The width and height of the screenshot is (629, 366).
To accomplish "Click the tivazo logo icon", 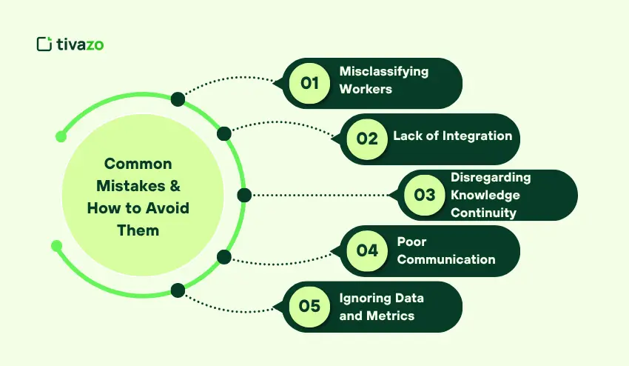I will point(44,44).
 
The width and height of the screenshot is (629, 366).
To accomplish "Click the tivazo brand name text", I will point(80,44).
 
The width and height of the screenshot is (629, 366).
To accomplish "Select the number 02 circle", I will point(367,139).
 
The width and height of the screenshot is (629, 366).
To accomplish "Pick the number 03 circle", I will point(424,195).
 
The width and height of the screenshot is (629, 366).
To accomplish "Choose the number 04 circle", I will point(367,250).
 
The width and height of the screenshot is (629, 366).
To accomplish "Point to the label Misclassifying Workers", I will point(383,80).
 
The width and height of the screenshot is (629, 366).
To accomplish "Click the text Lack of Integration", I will point(452,136).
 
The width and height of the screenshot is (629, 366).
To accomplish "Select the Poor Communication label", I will point(445,250).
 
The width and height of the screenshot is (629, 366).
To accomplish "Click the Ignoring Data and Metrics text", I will point(381,307).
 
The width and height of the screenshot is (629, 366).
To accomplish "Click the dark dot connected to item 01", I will point(178,99).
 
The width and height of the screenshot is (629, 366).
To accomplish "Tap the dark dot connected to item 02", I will point(223,133).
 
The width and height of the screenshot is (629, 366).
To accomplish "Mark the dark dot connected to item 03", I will point(244,195).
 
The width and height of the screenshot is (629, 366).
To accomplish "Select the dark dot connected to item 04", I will point(224,257).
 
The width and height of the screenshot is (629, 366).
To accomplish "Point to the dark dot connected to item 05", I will point(178,290).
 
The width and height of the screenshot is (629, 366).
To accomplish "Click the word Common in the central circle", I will point(138,164).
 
